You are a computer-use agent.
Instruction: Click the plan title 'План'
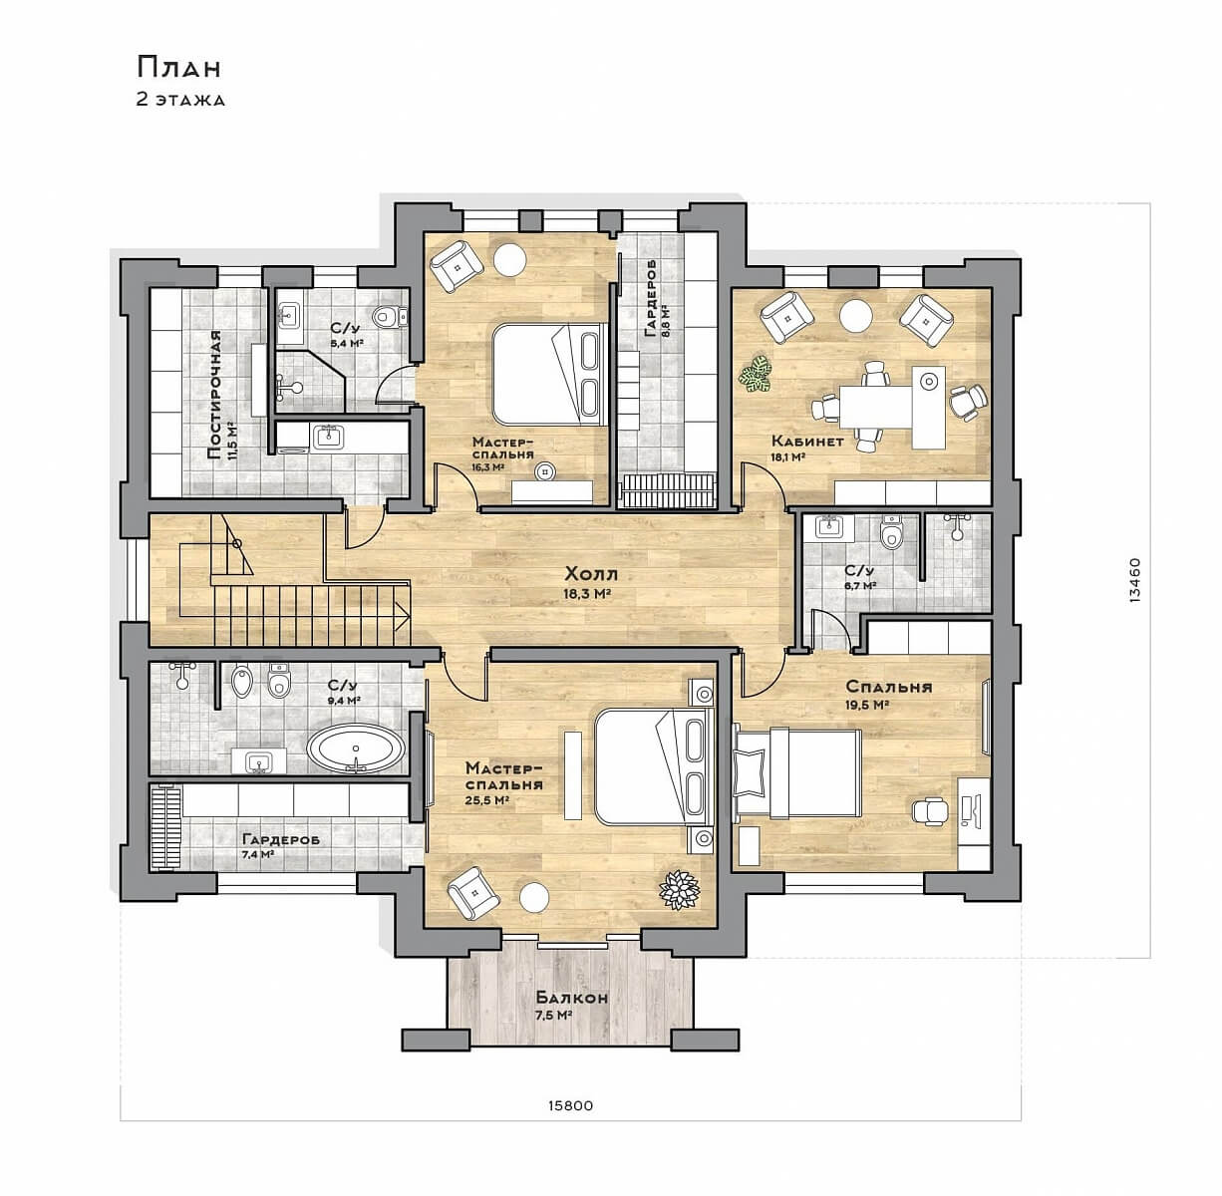click(178, 67)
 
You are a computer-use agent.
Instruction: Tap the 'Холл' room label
click(591, 574)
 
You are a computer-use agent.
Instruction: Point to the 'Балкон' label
click(572, 998)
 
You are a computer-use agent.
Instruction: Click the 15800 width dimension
click(571, 1106)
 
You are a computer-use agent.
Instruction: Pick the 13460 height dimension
click(1135, 580)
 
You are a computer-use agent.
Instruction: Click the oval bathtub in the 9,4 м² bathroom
click(356, 748)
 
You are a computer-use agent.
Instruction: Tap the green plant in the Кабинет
click(756, 375)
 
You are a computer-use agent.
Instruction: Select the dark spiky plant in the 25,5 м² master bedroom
click(679, 890)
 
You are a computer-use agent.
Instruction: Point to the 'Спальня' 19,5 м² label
click(889, 687)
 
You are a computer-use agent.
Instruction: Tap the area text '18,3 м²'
click(588, 594)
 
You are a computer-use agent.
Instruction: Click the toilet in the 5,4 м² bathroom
click(390, 316)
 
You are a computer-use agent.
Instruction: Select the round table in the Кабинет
click(856, 315)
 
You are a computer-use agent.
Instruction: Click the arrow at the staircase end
click(402, 614)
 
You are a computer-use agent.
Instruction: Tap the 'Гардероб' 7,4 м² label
click(281, 840)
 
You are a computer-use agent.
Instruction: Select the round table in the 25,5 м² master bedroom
click(534, 898)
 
